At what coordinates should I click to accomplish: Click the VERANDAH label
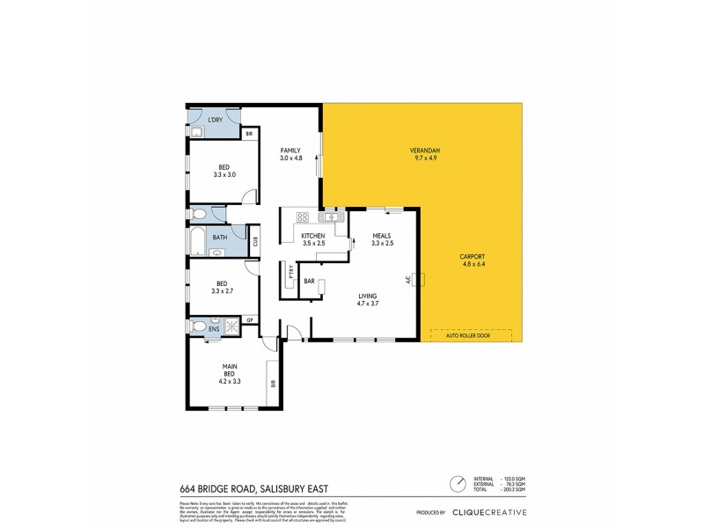(x=424, y=150)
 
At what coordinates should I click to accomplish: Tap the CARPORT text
(x=472, y=256)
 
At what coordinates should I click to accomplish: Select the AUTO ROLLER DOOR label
(x=471, y=334)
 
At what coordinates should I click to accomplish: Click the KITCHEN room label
(x=313, y=237)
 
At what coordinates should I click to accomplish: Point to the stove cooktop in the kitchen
(x=302, y=216)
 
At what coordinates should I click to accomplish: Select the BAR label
(x=310, y=282)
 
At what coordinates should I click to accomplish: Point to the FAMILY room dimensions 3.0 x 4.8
(x=291, y=158)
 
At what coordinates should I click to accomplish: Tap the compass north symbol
(x=458, y=484)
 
